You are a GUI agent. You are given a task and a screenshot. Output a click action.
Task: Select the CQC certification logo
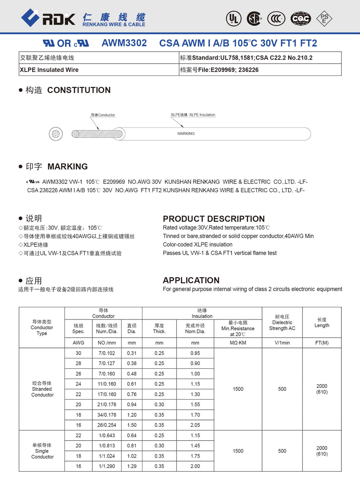(301, 18)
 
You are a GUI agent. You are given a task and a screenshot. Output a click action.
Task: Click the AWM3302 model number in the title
(124, 43)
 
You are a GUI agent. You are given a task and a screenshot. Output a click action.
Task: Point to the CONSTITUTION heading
(79, 90)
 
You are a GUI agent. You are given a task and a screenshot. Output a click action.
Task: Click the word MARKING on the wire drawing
(186, 133)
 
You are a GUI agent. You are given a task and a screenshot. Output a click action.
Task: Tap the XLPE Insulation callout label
(193, 115)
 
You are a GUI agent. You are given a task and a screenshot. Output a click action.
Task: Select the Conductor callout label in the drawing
(103, 115)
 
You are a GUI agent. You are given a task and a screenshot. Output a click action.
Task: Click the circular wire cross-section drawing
(55, 134)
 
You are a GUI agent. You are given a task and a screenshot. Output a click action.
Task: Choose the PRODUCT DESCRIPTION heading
(213, 219)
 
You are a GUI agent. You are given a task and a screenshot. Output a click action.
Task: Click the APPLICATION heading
(191, 280)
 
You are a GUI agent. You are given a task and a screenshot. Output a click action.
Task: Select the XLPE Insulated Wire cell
(49, 70)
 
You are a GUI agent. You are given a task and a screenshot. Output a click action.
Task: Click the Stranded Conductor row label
(42, 389)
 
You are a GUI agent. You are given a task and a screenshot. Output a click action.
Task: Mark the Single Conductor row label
(42, 451)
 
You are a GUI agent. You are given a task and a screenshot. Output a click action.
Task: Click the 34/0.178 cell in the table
(107, 415)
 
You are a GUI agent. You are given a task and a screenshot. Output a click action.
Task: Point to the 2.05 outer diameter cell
(195, 425)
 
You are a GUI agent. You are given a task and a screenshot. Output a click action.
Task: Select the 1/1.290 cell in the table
(107, 466)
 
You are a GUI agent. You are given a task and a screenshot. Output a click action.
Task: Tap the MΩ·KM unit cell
(238, 343)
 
